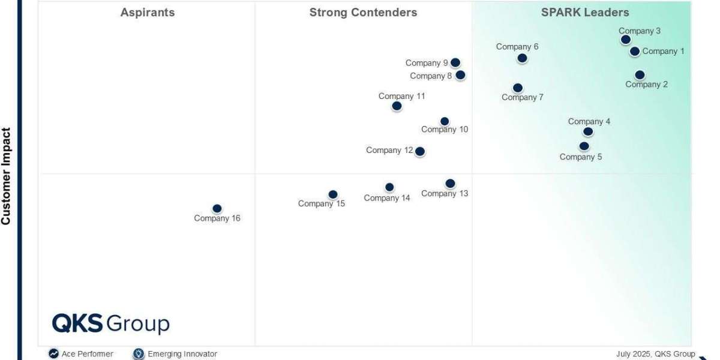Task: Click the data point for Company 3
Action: coord(625,40)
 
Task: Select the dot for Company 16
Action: coord(217,209)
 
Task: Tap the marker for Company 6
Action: coord(522,58)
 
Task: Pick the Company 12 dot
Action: coord(420,152)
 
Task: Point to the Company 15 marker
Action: coord(333,194)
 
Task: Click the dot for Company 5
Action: coord(584,146)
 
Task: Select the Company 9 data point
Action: coord(455,62)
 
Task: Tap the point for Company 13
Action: coord(450,184)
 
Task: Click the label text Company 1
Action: coord(663,52)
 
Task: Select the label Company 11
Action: coord(401,96)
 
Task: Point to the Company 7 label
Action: coord(523,97)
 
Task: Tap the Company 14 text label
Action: coord(387,198)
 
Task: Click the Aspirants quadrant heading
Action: coord(148,13)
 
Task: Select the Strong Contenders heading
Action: coord(363,13)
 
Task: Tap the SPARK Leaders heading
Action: coord(585,13)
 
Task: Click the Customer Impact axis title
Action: coord(7,176)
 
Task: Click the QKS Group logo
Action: coord(111,324)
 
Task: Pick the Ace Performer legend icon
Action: coord(54,354)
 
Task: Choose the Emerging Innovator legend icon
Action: coord(139,354)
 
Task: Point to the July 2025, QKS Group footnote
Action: coord(655,354)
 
